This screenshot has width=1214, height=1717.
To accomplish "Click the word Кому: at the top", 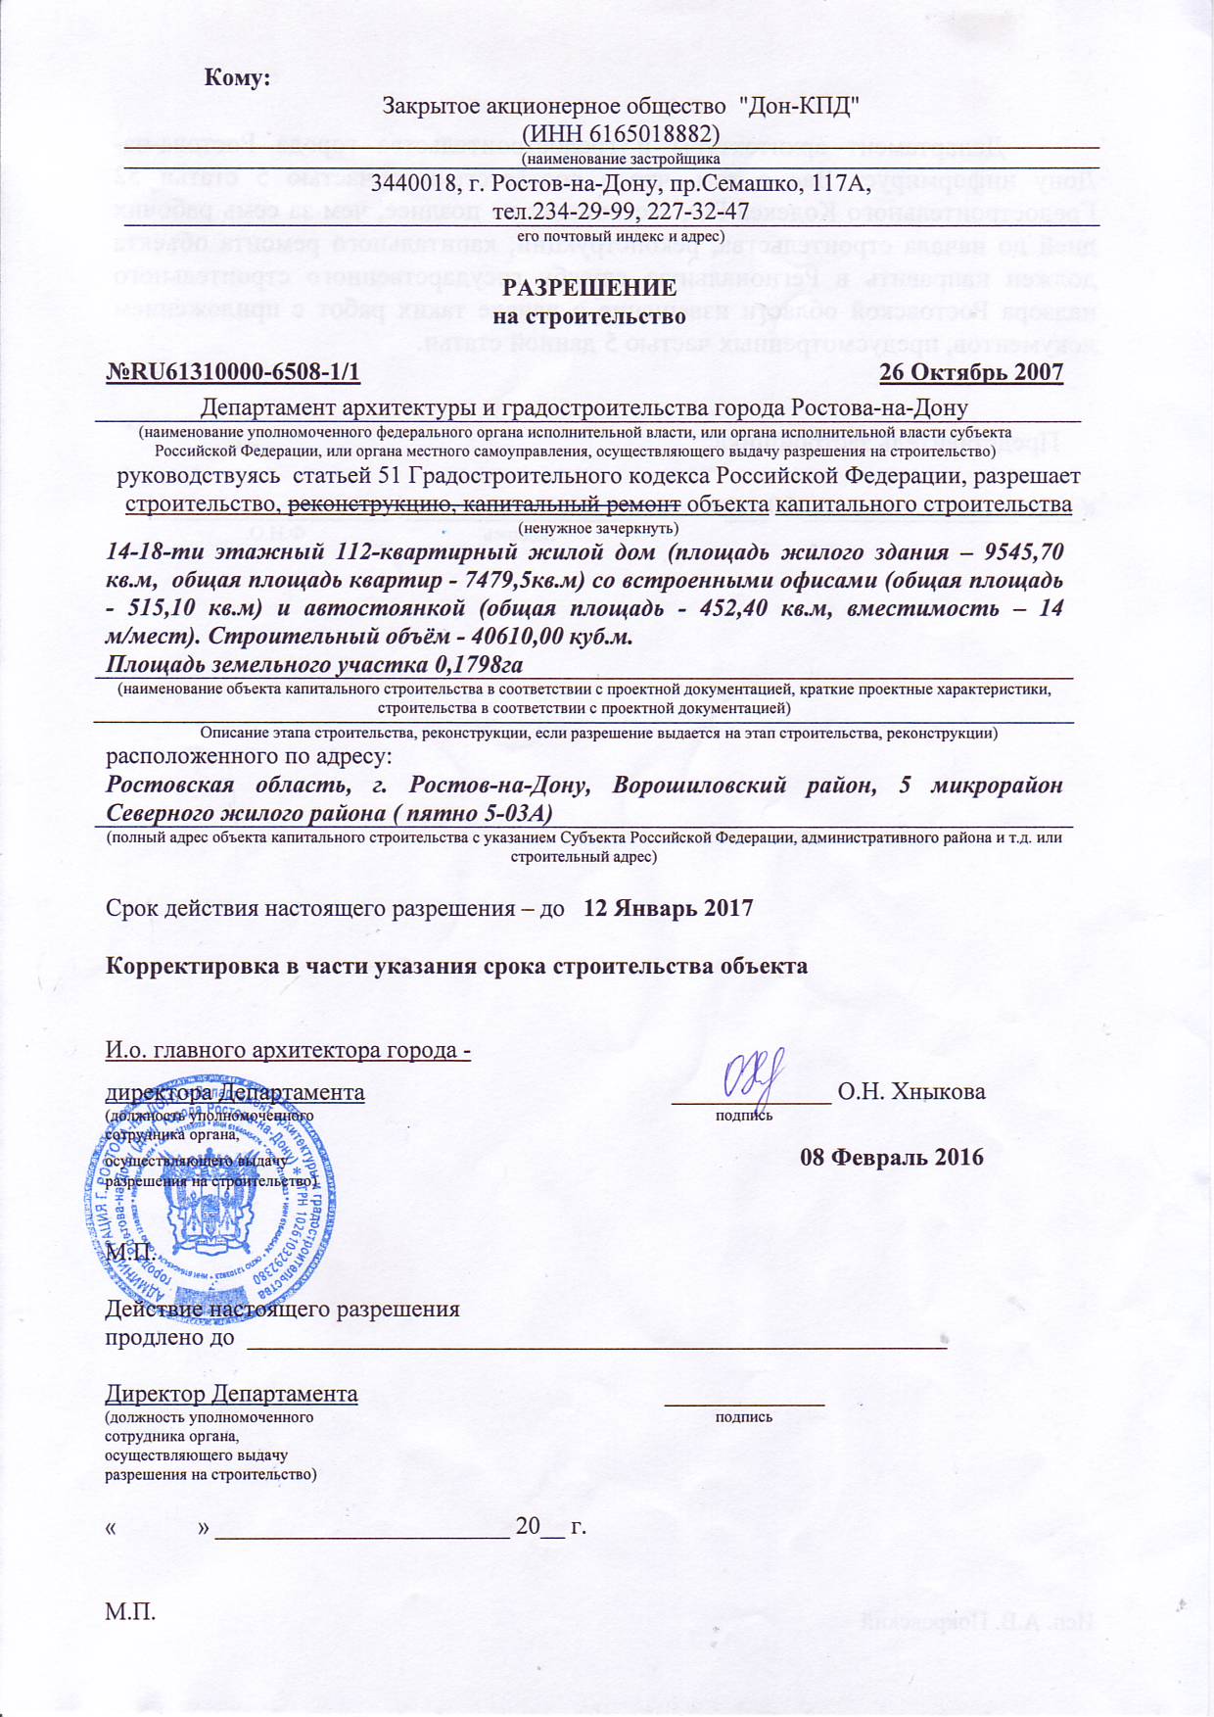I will pyautogui.click(x=236, y=78).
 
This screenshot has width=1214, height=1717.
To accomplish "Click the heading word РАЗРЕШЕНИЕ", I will pyautogui.click(x=589, y=288).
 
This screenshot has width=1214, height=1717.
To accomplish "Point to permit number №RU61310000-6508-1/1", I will pyautogui.click(x=233, y=372).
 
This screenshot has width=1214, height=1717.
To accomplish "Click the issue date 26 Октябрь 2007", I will pyautogui.click(x=971, y=372).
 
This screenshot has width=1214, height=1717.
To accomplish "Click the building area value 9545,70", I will pyautogui.click(x=1025, y=551).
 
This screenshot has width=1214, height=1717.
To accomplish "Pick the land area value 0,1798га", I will pyautogui.click(x=475, y=665).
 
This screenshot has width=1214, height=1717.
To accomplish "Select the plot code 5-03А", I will pyautogui.click(x=513, y=813).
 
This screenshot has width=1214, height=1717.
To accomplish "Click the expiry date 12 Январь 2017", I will pyautogui.click(x=669, y=907).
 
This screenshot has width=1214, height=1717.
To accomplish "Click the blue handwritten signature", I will pyautogui.click(x=754, y=1076).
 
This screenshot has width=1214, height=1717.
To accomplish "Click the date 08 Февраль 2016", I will pyautogui.click(x=892, y=1157).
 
